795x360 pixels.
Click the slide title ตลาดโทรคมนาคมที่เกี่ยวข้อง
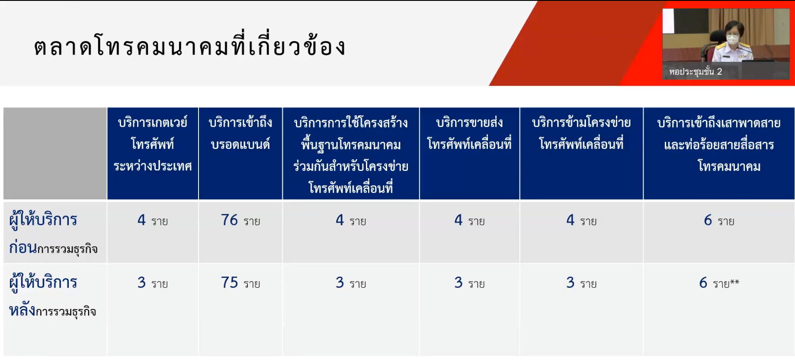click(190, 45)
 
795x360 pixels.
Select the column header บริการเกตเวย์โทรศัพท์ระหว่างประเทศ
click(153, 144)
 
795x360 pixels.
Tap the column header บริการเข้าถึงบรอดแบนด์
click(240, 133)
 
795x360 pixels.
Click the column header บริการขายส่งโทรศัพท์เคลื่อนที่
click(469, 133)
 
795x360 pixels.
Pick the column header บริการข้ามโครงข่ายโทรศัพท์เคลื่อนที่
click(581, 133)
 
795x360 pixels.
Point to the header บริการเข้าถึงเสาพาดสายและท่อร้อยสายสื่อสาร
click(719, 144)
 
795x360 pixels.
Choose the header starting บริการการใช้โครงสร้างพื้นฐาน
click(351, 155)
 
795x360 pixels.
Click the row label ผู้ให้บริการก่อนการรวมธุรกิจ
click(53, 234)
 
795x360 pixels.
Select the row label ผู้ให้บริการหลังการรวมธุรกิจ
click(52, 296)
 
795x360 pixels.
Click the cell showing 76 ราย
click(240, 220)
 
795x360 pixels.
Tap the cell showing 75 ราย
click(240, 283)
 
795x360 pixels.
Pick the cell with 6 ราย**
click(719, 283)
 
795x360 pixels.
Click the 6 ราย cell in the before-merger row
click(719, 220)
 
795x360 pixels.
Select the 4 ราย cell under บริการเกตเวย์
click(153, 220)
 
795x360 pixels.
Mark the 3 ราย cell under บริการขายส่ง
click(469, 283)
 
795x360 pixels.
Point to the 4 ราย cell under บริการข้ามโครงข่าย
click(581, 220)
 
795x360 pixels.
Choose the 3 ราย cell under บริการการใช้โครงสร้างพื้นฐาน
click(351, 283)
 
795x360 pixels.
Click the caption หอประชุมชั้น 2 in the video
click(696, 71)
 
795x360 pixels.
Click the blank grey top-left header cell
click(55, 154)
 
